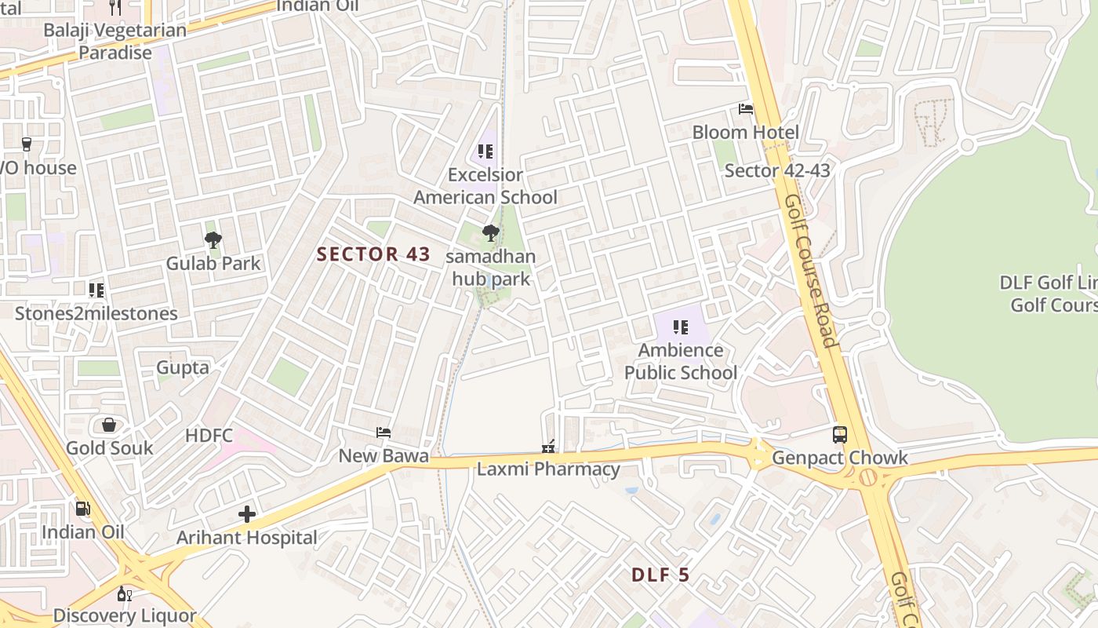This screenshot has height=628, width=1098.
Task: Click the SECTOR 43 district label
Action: (373, 254)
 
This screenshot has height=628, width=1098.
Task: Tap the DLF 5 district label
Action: (660, 575)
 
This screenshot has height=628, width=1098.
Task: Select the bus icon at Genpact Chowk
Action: (840, 434)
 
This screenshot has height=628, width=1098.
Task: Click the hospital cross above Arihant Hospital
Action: (247, 514)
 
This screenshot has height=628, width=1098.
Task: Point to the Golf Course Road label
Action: (811, 271)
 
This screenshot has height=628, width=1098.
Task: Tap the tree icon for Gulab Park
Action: (213, 240)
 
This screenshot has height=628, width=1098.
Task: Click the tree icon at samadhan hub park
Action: (491, 233)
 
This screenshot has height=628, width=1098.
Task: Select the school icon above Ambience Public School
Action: (680, 327)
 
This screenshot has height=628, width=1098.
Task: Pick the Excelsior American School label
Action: (485, 186)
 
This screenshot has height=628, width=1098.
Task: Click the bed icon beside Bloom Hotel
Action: (746, 109)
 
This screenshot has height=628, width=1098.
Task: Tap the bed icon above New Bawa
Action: (384, 433)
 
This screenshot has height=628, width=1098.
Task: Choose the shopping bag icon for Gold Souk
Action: (109, 425)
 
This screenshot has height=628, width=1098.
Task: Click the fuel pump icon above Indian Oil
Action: (82, 509)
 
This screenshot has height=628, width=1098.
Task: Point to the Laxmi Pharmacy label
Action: (548, 469)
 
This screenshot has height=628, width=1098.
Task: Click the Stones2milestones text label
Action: (96, 314)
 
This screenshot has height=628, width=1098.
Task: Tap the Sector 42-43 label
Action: (776, 170)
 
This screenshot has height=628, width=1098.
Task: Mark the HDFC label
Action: (209, 436)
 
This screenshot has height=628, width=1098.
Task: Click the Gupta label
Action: (183, 367)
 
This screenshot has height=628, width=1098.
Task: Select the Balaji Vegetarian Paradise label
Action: (115, 42)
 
